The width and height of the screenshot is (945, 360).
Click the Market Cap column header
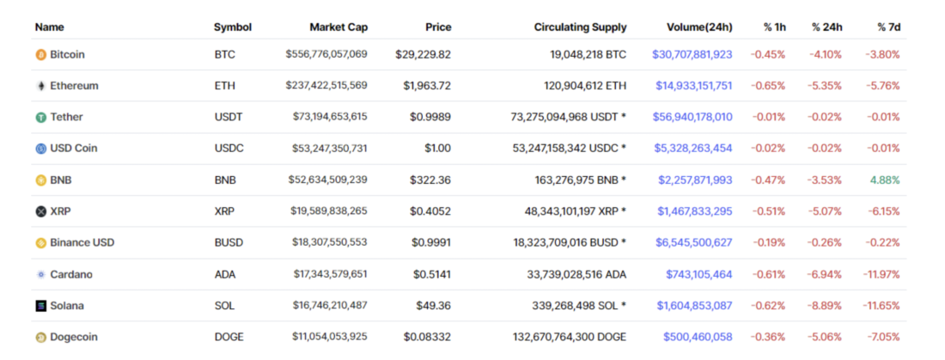coord(338,27)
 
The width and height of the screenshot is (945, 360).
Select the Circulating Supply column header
coord(580,27)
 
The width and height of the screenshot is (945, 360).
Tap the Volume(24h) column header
coord(698,27)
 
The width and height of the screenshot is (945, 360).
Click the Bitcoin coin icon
coord(40,55)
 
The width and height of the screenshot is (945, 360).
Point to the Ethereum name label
coord(74,86)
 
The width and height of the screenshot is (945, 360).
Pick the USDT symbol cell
coord(228,117)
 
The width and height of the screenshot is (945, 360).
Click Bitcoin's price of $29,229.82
coord(423,55)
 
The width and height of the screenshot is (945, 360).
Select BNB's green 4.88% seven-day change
coord(886,180)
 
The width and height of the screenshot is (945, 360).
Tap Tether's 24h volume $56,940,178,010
coord(692,117)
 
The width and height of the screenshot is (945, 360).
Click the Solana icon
coord(40,306)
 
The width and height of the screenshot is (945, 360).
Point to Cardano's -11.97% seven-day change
coord(881,274)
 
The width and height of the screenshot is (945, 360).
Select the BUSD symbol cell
coord(229,243)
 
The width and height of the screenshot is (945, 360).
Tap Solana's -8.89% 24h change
coord(826,306)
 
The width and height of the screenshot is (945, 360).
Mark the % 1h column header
coord(774,27)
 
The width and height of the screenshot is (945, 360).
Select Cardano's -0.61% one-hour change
coord(769,274)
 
